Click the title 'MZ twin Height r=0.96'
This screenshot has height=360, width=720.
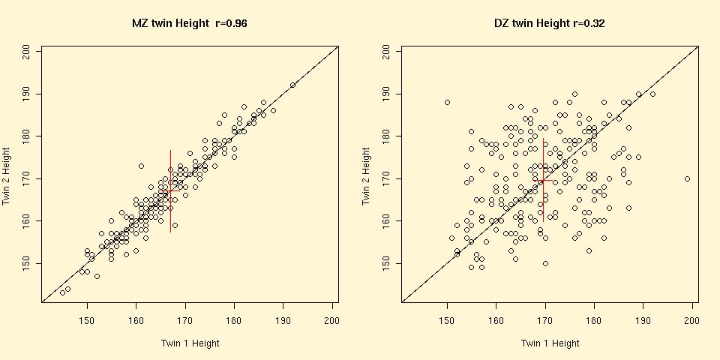[190, 23]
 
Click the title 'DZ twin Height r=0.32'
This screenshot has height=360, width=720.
[550, 23]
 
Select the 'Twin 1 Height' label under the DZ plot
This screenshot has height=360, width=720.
[550, 343]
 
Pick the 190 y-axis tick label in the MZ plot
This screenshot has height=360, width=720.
[27, 94]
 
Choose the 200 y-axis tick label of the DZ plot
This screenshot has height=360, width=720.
[387, 51]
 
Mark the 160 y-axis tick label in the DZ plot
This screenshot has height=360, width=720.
[387, 220]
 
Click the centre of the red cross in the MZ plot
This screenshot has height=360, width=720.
[170, 190]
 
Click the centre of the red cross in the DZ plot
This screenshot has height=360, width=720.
[543, 181]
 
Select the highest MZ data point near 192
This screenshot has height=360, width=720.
[292, 85]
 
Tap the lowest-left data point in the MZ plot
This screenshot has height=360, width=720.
[62, 292]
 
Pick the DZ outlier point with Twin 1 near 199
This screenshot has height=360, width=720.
[687, 178]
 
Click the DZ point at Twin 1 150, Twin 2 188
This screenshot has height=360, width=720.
[447, 102]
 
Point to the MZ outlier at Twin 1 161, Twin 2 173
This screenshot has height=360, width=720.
[141, 166]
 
